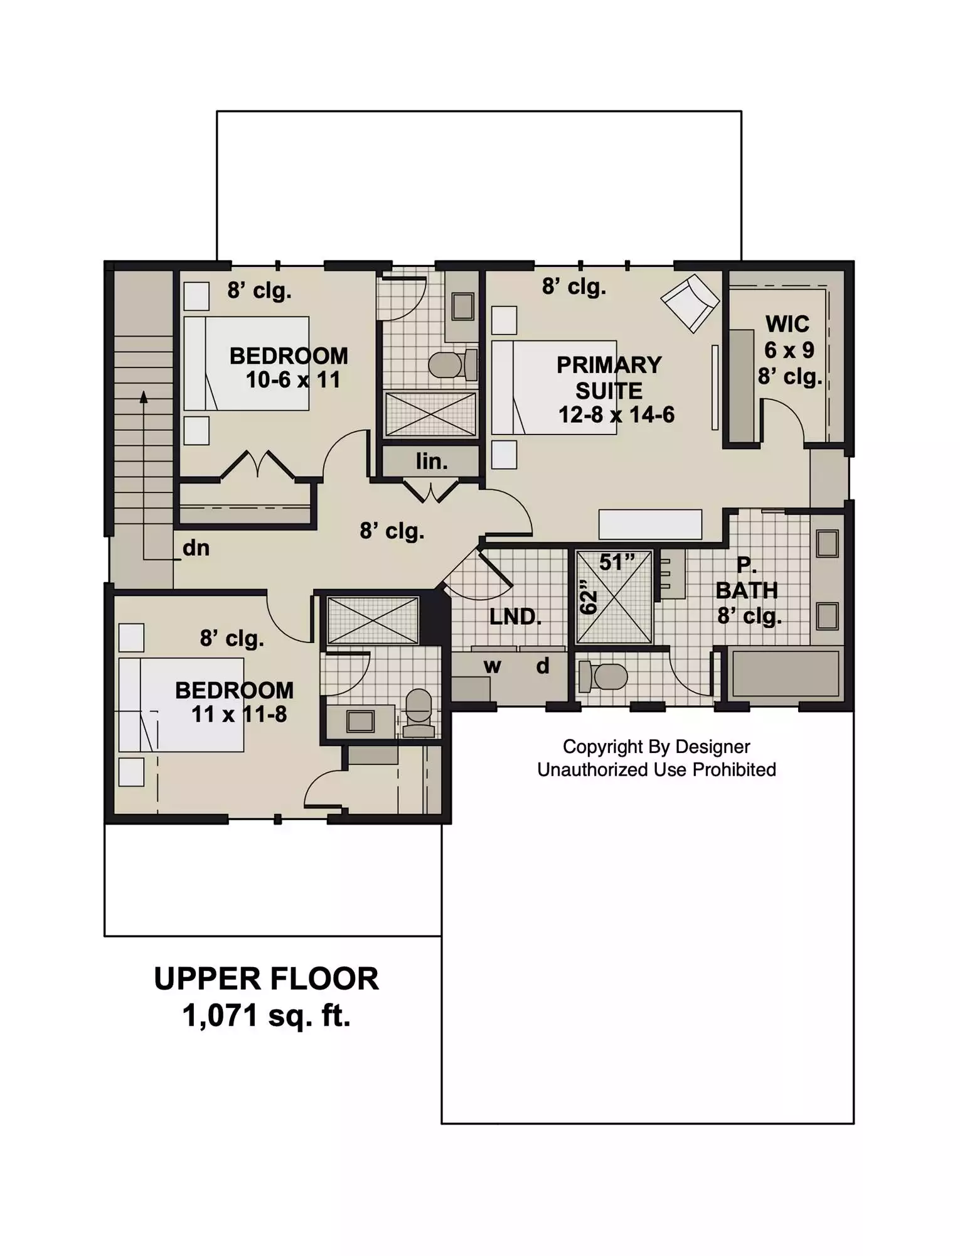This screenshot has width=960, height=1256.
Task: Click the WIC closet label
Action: pyautogui.click(x=787, y=324)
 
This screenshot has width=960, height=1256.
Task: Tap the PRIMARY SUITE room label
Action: pyautogui.click(x=609, y=377)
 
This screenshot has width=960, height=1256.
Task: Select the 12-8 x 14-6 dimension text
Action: pyautogui.click(x=616, y=414)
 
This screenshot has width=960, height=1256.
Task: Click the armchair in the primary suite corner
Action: pyautogui.click(x=690, y=303)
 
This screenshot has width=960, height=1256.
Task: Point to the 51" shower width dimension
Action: pyautogui.click(x=617, y=561)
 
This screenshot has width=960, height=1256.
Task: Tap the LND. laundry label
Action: pyautogui.click(x=515, y=617)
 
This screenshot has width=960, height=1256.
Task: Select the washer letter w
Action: pyautogui.click(x=493, y=666)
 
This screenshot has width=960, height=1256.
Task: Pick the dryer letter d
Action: pyautogui.click(x=543, y=664)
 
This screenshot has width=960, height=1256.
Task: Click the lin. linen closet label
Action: pyautogui.click(x=432, y=462)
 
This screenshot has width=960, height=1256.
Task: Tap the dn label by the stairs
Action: pyautogui.click(x=196, y=548)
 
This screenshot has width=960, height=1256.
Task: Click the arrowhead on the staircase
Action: pyautogui.click(x=144, y=397)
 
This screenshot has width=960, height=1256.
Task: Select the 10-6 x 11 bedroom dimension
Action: pyautogui.click(x=293, y=380)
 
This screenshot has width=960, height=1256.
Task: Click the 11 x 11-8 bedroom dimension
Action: pyautogui.click(x=239, y=714)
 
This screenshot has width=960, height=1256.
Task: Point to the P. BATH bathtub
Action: pyautogui.click(x=786, y=673)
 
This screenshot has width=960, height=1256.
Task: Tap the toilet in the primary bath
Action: pyautogui.click(x=604, y=676)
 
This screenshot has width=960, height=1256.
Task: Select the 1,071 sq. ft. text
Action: pyautogui.click(x=266, y=1015)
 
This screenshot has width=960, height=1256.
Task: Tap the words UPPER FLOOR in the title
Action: pyautogui.click(x=266, y=978)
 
